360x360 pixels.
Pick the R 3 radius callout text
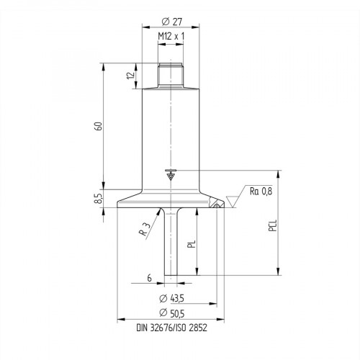tap(146, 229)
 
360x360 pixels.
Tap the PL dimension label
tap(191, 243)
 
